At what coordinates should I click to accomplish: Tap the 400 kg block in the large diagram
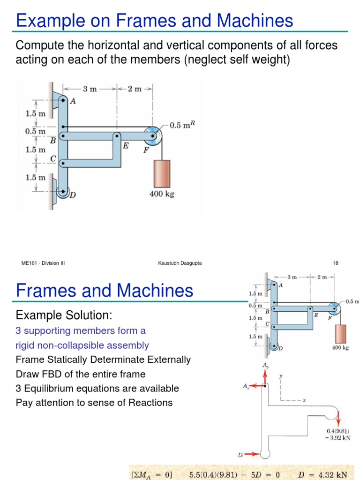161,173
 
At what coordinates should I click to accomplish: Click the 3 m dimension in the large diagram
90,89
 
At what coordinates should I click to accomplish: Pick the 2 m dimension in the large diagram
134,89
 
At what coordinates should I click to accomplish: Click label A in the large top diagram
73,100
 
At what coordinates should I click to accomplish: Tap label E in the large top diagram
126,146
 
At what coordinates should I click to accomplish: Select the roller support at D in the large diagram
63,192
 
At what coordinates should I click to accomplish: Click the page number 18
336,263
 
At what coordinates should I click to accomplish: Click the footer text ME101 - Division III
43,263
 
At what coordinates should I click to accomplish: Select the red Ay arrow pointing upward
265,377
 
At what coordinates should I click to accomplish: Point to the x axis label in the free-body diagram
304,401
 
